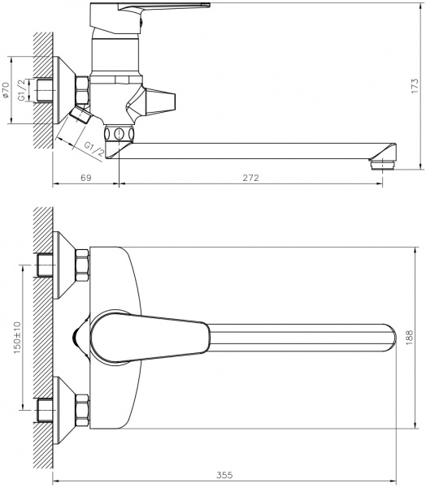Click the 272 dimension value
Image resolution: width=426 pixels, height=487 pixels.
pyautogui.click(x=250, y=178)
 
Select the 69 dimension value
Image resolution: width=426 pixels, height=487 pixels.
pyautogui.click(x=85, y=178)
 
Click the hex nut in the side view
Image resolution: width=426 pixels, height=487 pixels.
pyautogui.click(x=82, y=88)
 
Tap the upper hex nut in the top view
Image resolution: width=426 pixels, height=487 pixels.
pyautogui.click(x=82, y=265)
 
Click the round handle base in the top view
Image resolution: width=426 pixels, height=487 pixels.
pyautogui.click(x=110, y=335)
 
